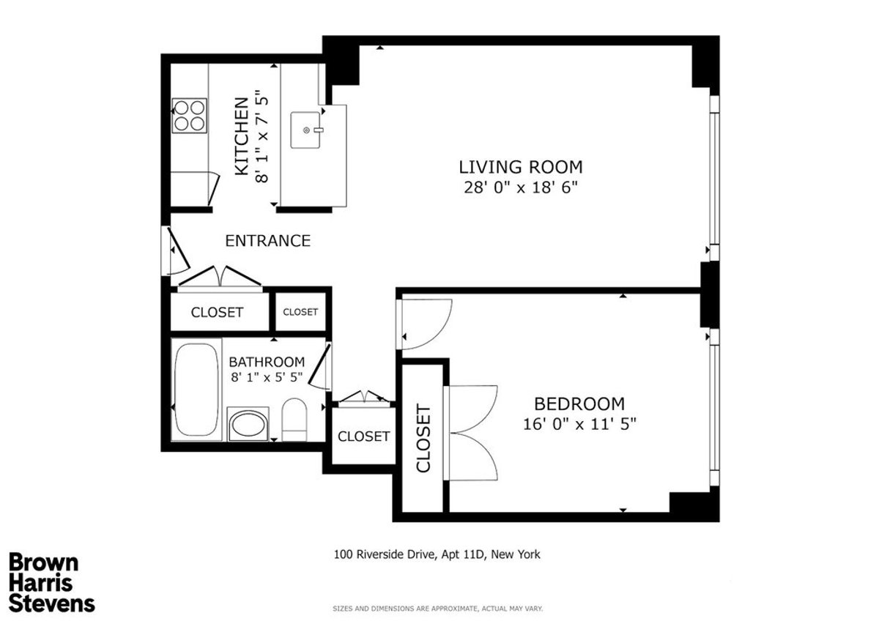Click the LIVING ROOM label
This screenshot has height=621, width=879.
click(521, 167)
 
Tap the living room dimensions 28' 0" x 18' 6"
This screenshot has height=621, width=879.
click(521, 187)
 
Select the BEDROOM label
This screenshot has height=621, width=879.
click(579, 404)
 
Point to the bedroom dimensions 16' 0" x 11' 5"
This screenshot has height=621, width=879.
click(579, 424)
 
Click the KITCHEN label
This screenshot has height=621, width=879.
click(242, 136)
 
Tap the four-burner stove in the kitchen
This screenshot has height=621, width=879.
click(190, 116)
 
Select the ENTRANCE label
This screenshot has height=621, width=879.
click(267, 240)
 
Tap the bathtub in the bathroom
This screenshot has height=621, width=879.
click(196, 390)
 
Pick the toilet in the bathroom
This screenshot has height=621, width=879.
click(294, 420)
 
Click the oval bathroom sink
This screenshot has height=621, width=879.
click(248, 424)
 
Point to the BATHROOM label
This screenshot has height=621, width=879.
click(267, 361)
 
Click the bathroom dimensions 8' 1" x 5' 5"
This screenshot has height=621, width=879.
click(267, 377)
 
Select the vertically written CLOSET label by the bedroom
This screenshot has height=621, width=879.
click(423, 438)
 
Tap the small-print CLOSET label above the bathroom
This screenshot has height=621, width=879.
click(300, 312)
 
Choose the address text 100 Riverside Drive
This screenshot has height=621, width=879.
click(385, 554)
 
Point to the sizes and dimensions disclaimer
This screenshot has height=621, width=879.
click(437, 609)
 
